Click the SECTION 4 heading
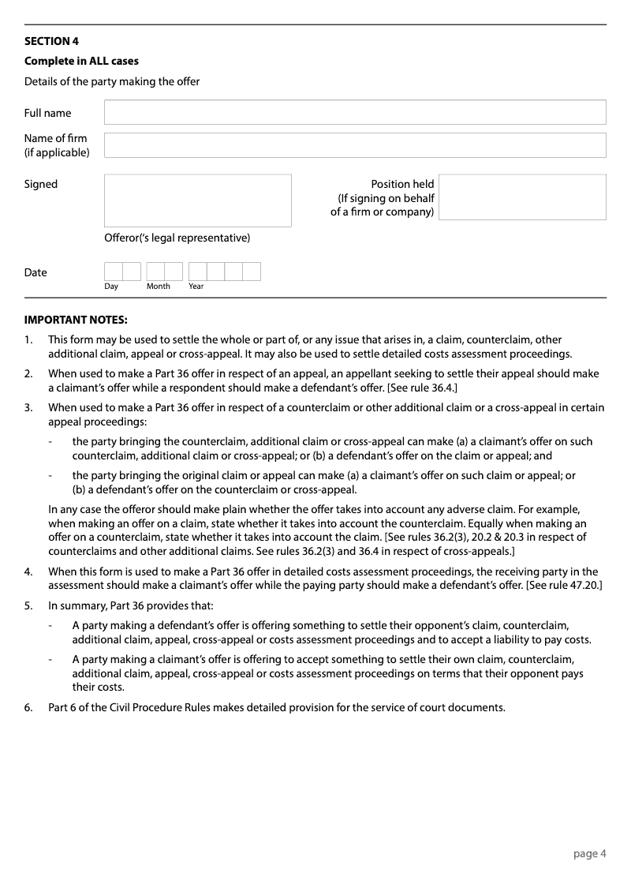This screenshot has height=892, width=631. pyautogui.click(x=51, y=41)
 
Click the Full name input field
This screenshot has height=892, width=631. pyautogui.click(x=355, y=112)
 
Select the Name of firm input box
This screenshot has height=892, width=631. pyautogui.click(x=355, y=145)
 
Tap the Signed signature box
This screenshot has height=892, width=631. pyautogui.click(x=197, y=201)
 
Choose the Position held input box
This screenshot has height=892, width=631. pyautogui.click(x=522, y=197)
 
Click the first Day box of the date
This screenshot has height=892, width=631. pyautogui.click(x=113, y=272)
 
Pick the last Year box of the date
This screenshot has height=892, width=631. pyautogui.click(x=252, y=272)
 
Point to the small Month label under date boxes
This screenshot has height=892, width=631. pyautogui.click(x=158, y=287)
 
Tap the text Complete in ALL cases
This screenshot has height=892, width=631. pyautogui.click(x=81, y=61)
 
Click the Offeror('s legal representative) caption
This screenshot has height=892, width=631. pyautogui.click(x=177, y=238)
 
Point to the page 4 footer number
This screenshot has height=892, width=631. pyautogui.click(x=589, y=853)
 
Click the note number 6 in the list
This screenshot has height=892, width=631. pyautogui.click(x=28, y=707)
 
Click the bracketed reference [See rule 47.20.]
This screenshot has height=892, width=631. pyautogui.click(x=564, y=586)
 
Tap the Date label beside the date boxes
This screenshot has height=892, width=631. pyautogui.click(x=35, y=272)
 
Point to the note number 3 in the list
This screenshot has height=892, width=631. pyautogui.click(x=28, y=407)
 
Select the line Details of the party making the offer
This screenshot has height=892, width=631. pyautogui.click(x=112, y=81)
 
